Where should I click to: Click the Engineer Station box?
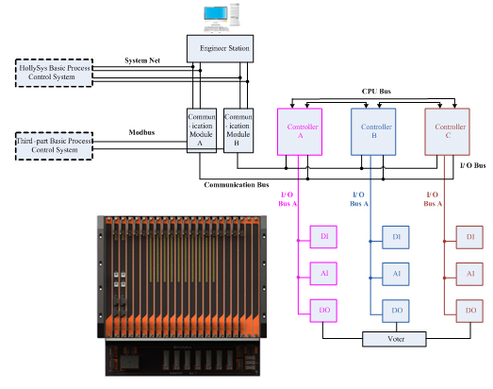click(x=220, y=48)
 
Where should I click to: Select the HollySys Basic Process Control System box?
click(x=54, y=73)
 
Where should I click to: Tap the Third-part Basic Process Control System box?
click(x=54, y=145)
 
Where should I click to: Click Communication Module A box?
click(x=202, y=130)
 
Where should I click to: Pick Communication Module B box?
click(x=238, y=130)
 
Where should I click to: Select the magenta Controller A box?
click(x=300, y=131)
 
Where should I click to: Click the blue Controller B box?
click(x=373, y=131)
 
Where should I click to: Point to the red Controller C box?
click(x=447, y=131)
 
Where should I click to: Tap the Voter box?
click(x=394, y=339)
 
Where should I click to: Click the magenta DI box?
click(x=323, y=237)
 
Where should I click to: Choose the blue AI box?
click(x=396, y=274)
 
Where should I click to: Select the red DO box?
click(x=469, y=311)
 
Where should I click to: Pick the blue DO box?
click(x=396, y=311)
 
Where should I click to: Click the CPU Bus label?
click(x=376, y=92)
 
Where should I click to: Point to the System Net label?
click(x=142, y=60)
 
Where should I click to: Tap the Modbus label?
click(x=141, y=132)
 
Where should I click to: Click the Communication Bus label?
click(x=237, y=184)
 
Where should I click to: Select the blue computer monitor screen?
click(x=216, y=13)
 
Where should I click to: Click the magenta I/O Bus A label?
click(x=288, y=199)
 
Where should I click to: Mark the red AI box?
click(x=469, y=274)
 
